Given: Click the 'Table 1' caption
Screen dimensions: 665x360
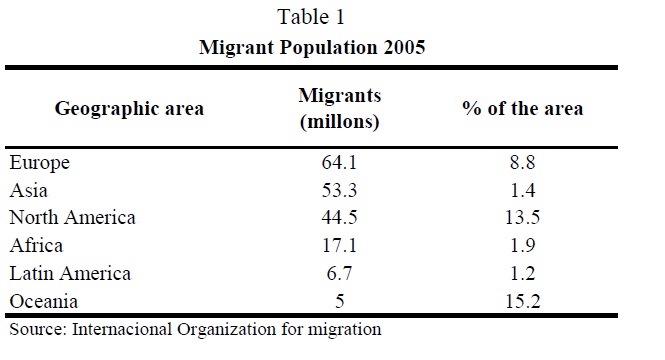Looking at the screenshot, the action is click(x=311, y=17).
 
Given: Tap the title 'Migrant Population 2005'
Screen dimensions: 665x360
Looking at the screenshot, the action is click(x=312, y=47).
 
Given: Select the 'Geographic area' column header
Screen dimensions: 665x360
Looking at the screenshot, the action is click(x=129, y=109).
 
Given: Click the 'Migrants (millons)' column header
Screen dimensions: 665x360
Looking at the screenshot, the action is click(x=340, y=109).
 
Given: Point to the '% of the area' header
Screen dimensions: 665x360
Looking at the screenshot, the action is click(x=522, y=109).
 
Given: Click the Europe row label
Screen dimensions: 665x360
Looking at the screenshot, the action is click(x=39, y=163).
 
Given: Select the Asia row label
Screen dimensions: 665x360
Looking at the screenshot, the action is click(x=28, y=190).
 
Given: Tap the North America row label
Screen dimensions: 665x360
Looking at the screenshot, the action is click(x=73, y=218).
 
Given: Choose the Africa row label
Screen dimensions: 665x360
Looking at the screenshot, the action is click(x=36, y=245).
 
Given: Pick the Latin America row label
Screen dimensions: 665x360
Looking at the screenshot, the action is click(x=70, y=273).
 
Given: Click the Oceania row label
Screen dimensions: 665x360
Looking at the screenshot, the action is click(x=44, y=301).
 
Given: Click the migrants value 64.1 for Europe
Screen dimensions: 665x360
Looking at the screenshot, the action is click(x=339, y=162).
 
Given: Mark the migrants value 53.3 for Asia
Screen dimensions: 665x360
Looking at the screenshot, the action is click(x=339, y=190).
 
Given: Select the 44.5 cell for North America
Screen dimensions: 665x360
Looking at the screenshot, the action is click(x=339, y=218).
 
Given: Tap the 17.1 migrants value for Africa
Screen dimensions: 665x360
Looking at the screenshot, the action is click(x=339, y=245).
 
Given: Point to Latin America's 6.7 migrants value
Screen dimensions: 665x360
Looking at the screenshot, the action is click(x=339, y=273).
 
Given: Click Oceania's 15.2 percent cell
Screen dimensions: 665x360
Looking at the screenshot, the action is click(x=522, y=301).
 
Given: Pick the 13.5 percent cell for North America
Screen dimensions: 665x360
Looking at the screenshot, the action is click(x=522, y=218).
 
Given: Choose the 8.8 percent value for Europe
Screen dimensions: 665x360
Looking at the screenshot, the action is click(x=522, y=162).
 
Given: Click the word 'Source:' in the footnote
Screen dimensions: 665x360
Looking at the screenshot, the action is click(x=38, y=329).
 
